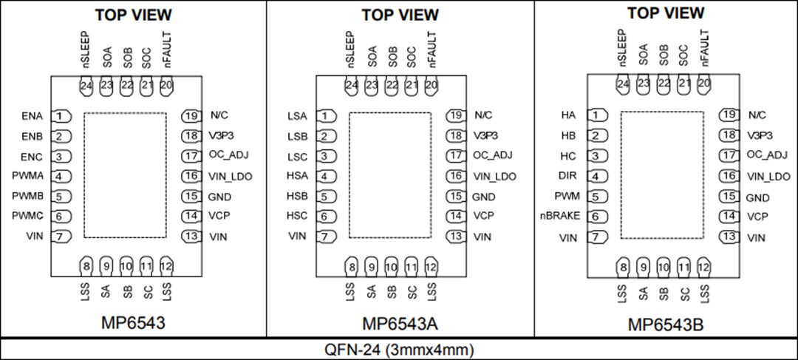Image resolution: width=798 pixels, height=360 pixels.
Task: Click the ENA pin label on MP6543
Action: point(33,116)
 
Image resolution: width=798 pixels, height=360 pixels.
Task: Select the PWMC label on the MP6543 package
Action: point(29,217)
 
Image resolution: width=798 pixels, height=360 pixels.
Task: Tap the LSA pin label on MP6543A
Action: point(297,116)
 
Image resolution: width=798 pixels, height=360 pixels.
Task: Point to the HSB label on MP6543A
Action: point(297,197)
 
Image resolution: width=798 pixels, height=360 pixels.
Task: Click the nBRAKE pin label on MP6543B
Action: point(561,217)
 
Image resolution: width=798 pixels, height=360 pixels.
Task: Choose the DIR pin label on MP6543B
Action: point(567,176)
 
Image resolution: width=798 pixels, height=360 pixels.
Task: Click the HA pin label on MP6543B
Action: point(568,115)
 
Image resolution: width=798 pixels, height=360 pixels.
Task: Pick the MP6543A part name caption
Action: point(400,324)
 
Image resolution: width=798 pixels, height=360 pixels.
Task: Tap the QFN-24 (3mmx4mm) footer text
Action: point(399,349)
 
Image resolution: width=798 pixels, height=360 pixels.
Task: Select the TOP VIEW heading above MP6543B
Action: point(666,13)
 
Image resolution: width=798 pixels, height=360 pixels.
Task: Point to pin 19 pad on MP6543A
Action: point(458,116)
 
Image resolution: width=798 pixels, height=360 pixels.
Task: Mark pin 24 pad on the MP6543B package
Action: point(624,85)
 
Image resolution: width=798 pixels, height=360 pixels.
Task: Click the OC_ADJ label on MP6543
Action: point(226,156)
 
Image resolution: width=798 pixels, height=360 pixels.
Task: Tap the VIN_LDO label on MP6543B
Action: point(768,177)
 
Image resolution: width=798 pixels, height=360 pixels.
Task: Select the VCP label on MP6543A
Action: point(483,216)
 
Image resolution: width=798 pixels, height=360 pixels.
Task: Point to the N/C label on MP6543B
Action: point(757,115)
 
